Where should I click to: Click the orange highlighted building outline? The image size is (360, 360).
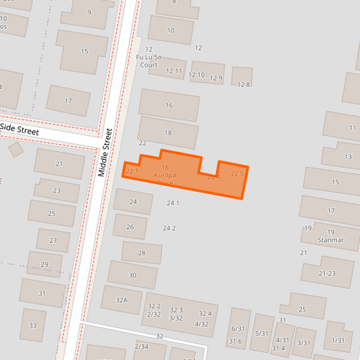point(182,174)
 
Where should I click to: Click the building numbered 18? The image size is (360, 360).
point(168,133)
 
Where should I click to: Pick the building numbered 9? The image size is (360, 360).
point(88,13)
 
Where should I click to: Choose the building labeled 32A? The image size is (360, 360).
point(121,300)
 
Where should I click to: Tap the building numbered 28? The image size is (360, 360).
point(141,253)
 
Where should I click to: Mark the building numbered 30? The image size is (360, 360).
point(132,275)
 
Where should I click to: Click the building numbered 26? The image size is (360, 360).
point(130,227)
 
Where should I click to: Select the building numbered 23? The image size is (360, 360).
point(57,190)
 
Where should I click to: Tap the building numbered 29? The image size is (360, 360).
point(45,264)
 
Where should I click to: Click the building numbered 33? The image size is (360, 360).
point(32,326)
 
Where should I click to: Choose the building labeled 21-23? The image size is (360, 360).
point(327,273)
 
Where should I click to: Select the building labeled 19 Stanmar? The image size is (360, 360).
point(330,236)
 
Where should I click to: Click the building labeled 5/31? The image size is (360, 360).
point(262,333)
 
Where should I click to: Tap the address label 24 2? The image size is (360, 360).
point(169,228)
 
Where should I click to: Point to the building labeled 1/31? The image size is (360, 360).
point(338,340)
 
